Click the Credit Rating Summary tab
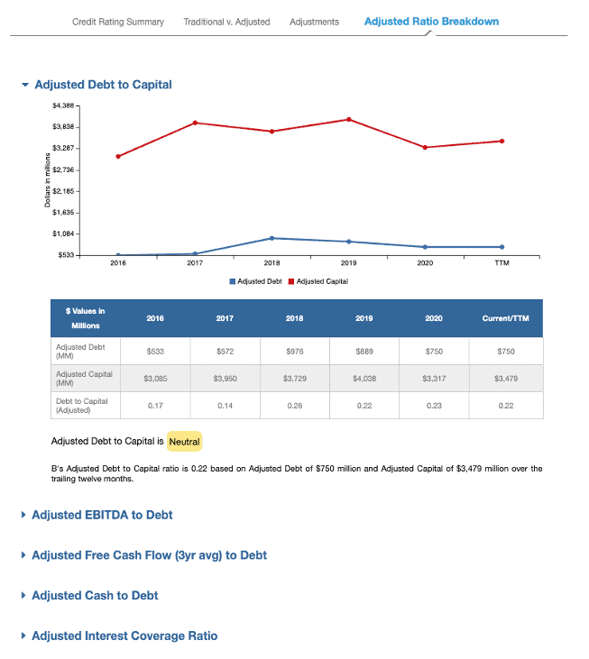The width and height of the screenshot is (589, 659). (x=118, y=22)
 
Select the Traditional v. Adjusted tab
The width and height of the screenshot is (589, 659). (x=226, y=22)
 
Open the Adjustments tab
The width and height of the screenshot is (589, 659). (x=314, y=22)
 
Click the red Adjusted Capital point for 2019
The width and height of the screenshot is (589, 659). (x=349, y=120)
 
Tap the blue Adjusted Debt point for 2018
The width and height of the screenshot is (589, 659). (x=272, y=238)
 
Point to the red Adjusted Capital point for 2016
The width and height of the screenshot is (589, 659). (x=118, y=156)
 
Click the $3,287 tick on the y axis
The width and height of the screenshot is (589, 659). (x=63, y=148)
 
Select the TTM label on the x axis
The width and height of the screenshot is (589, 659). (x=502, y=263)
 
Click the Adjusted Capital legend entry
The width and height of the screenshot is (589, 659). (x=318, y=281)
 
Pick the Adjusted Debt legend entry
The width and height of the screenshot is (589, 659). (x=255, y=281)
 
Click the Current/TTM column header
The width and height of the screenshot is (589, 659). (x=506, y=318)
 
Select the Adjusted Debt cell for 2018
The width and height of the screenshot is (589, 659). (x=295, y=352)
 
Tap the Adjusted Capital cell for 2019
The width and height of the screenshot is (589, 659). (x=364, y=379)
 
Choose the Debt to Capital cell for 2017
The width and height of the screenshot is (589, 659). (x=225, y=406)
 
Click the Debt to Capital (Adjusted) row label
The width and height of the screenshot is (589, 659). (x=82, y=406)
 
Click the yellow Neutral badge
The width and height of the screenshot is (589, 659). (x=185, y=442)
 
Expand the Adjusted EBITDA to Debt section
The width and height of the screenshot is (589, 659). (x=102, y=515)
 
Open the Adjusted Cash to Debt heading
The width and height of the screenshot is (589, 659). (x=95, y=596)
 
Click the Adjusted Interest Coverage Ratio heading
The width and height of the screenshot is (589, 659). (x=124, y=636)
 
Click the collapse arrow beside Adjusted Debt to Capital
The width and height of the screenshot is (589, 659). (x=25, y=85)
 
